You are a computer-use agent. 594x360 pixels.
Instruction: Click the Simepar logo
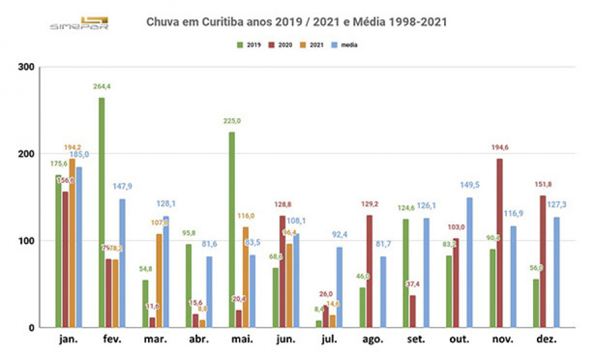[x=79, y=23]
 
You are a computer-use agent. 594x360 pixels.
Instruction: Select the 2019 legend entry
[x=249, y=45]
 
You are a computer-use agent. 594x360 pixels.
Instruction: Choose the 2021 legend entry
[x=312, y=45]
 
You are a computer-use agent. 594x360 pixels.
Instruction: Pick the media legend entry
[x=346, y=45]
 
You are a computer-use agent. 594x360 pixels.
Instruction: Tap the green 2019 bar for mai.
[x=232, y=230]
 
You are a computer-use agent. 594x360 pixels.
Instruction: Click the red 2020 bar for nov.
[x=499, y=243]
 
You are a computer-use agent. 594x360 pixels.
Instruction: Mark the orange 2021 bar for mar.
[x=159, y=280]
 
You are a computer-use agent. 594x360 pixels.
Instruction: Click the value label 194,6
[x=499, y=147]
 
